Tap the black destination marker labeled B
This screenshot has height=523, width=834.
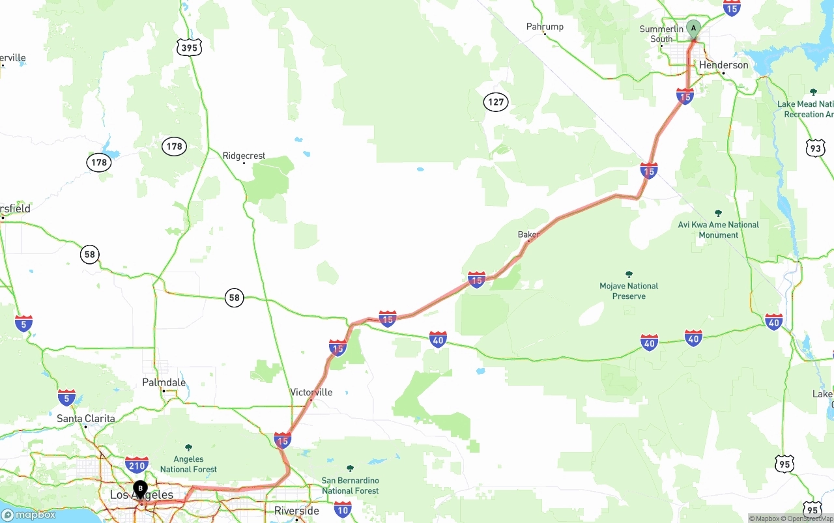pos(140,488)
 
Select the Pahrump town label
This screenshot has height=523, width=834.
pos(545,27)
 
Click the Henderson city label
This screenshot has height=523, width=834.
pos(723,65)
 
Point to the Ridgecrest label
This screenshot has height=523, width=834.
pos(244,156)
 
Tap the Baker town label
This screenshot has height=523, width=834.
pos(528,234)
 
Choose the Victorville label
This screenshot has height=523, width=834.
pos(311,392)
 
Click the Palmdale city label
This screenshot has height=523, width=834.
pos(164,382)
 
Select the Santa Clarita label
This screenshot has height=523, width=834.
pos(85,418)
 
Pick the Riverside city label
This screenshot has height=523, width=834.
pos(296,511)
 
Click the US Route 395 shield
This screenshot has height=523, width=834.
pos(189,47)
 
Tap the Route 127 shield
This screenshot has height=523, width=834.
pos(496,102)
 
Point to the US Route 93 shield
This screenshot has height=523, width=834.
pos(815,147)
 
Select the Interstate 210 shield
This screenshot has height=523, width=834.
pos(137,464)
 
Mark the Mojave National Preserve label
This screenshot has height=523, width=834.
pos(629,290)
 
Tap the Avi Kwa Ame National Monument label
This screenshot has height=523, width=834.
pos(718,229)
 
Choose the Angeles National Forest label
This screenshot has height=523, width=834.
pos(188,464)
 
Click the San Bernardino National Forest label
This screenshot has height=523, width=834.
pos(350,485)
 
